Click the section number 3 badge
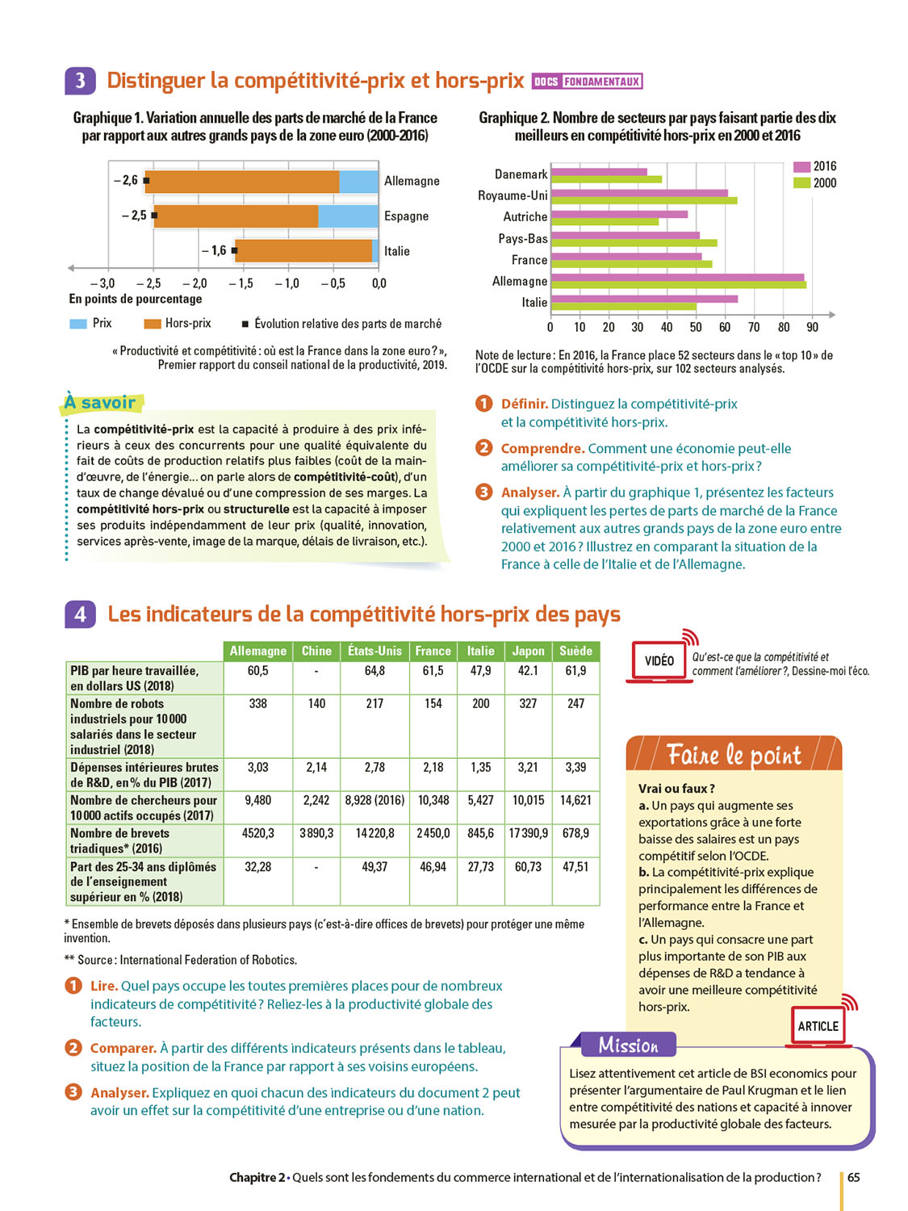80,81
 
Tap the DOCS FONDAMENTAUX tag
588,82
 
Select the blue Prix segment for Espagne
348,216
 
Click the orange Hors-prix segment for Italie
304,251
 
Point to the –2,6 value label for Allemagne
126,180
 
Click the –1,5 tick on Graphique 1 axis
241,283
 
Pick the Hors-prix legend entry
178,323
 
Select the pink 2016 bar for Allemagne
677,277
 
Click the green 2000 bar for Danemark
606,179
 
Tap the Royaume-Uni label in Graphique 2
513,195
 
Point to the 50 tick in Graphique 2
696,327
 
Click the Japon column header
528,651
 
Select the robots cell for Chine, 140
316,703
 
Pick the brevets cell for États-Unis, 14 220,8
374,832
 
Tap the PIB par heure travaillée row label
136,677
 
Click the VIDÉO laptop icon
659,661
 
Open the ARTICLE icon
818,1026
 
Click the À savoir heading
101,402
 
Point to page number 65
854,1177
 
